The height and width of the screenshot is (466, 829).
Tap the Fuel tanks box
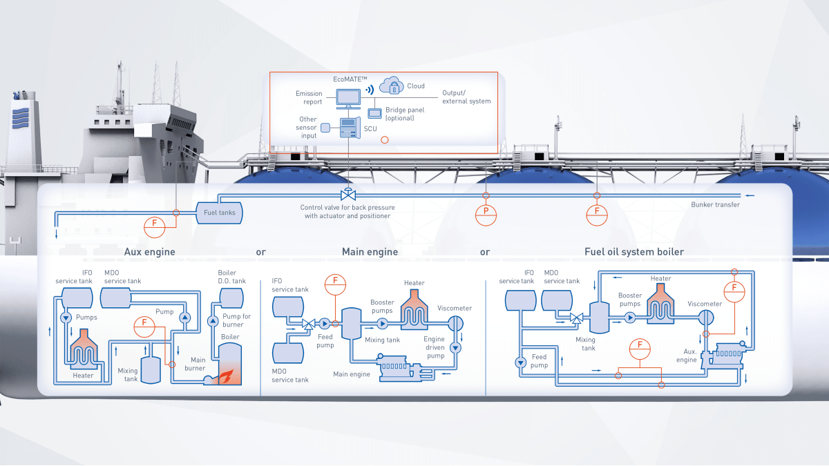(x=219, y=212)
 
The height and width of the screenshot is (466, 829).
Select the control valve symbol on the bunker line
(x=348, y=196)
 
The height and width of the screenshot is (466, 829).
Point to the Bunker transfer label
(x=715, y=205)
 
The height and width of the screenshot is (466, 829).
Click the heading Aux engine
(x=149, y=252)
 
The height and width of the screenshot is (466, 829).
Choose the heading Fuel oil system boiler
(x=634, y=252)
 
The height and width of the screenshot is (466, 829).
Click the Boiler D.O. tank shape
(x=231, y=297)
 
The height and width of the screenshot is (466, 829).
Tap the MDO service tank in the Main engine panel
(x=289, y=352)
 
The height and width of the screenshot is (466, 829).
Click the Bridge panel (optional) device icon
(x=375, y=113)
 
